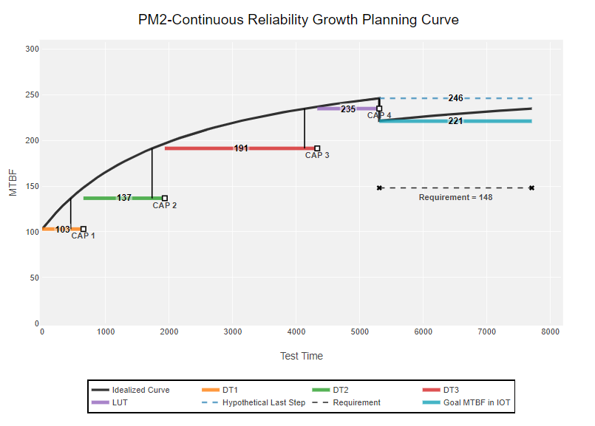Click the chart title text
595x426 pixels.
(x=298, y=20)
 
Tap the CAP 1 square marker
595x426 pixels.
(x=84, y=229)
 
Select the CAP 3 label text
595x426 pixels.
(x=317, y=155)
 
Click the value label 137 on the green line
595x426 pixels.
(x=124, y=198)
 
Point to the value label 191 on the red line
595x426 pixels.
(x=241, y=148)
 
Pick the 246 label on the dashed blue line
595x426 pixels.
(x=455, y=98)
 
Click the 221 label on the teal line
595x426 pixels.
(x=455, y=121)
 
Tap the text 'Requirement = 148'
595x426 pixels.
(x=455, y=197)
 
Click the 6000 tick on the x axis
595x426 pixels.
(x=424, y=332)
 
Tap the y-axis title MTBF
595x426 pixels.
(x=13, y=182)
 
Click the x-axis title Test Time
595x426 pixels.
(x=301, y=356)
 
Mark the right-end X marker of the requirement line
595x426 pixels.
(x=531, y=188)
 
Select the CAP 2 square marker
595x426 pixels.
(x=165, y=198)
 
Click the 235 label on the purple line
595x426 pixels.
(x=348, y=109)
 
